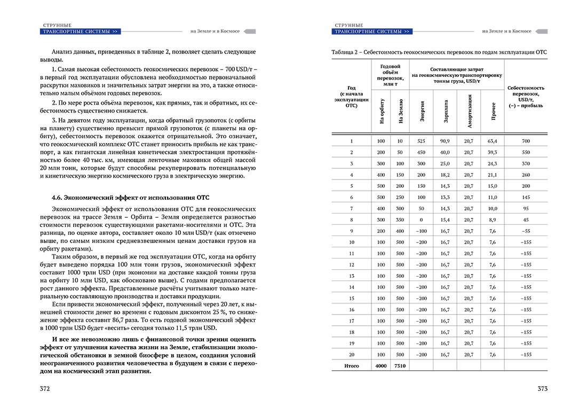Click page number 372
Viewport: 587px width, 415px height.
(45, 389)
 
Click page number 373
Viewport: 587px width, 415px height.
(542, 389)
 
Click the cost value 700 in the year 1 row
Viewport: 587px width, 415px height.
(526, 140)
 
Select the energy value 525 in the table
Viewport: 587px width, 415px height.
(422, 140)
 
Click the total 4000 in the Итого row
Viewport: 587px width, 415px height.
(380, 366)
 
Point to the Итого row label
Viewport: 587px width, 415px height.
(351, 366)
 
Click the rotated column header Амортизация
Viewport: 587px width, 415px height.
(470, 111)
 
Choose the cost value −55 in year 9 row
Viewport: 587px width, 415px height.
(526, 231)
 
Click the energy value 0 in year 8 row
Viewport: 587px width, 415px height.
(422, 220)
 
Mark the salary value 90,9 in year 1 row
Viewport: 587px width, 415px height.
(445, 140)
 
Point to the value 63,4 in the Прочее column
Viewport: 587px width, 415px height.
(492, 140)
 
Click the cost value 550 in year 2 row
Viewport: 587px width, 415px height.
(526, 152)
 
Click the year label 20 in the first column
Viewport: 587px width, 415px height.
(351, 355)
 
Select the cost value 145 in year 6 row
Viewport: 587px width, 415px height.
(526, 197)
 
